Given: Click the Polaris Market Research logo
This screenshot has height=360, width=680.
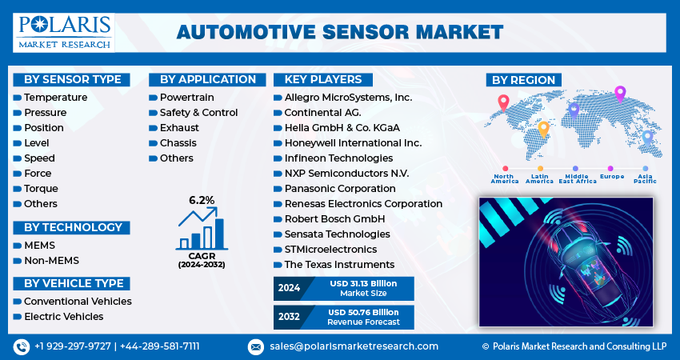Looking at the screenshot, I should click(x=64, y=32).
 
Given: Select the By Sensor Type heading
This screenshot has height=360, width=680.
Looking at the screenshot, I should click(x=72, y=79).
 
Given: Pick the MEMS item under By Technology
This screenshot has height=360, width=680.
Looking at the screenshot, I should click(x=39, y=245).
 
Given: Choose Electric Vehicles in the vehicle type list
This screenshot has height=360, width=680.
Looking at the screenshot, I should click(x=63, y=316).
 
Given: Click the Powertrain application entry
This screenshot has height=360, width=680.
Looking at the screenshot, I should click(x=186, y=97).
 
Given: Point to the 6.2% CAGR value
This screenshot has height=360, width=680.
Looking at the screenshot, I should click(x=202, y=199).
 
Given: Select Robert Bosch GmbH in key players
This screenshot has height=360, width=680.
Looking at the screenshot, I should click(x=334, y=218).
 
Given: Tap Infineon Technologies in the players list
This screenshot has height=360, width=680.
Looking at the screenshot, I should click(x=338, y=158).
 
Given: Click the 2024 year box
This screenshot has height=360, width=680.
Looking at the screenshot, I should click(x=289, y=289).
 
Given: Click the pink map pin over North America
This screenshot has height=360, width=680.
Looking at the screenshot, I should click(x=503, y=102).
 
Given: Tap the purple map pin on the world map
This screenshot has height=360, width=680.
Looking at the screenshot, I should click(x=619, y=94).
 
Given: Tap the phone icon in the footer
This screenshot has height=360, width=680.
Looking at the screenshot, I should click(x=21, y=346).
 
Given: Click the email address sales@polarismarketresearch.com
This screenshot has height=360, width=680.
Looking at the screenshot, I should click(x=354, y=346).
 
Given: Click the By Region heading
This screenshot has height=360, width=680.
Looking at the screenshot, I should click(x=523, y=79).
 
